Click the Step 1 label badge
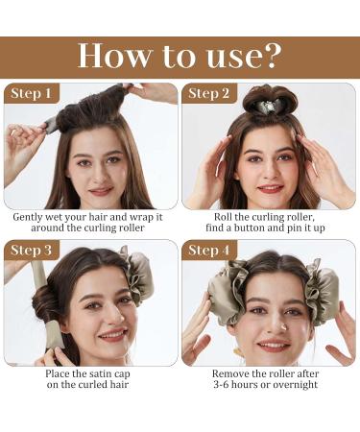click(x=32, y=93)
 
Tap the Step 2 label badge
click(x=209, y=93)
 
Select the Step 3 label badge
click(x=32, y=250)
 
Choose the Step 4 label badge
click(x=209, y=250)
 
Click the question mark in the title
click(x=273, y=56)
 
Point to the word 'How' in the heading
click(x=113, y=56)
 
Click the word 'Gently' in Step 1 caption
click(x=28, y=217)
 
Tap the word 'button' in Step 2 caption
click(x=252, y=228)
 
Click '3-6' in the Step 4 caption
click(x=221, y=384)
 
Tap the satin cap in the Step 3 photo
click(x=138, y=278)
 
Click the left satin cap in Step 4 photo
click(x=228, y=291)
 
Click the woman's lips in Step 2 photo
click(x=271, y=189)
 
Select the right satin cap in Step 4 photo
click(x=322, y=292)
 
